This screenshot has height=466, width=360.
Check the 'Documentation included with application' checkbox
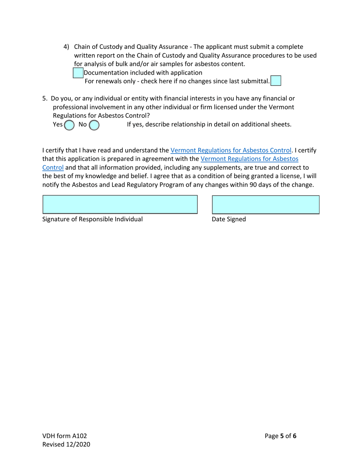click(x=78, y=73)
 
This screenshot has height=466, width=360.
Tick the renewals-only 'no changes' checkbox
click(x=276, y=81)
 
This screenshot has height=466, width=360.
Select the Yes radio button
click(x=69, y=125)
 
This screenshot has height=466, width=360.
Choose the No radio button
click(x=94, y=125)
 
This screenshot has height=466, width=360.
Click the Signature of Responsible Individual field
click(x=120, y=205)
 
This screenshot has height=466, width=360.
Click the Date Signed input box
click(x=265, y=205)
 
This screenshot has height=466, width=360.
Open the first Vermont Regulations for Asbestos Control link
click(x=231, y=150)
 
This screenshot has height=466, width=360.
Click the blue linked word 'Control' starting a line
click(x=53, y=167)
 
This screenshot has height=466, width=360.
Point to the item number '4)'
click(x=66, y=47)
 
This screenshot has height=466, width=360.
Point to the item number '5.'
click(x=45, y=99)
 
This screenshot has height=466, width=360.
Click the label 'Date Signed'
click(x=229, y=219)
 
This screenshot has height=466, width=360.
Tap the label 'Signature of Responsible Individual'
click(x=92, y=219)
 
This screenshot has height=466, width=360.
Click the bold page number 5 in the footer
click(x=282, y=436)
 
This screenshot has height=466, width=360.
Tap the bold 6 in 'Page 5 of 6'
click(x=294, y=436)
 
